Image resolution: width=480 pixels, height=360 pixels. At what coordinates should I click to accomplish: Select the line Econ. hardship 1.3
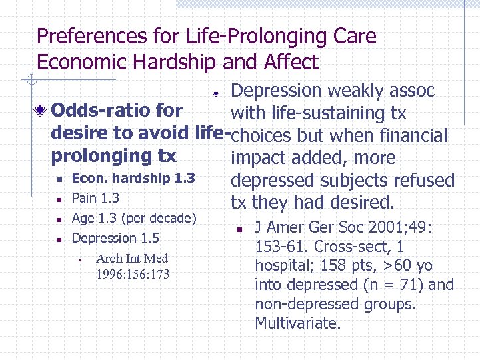(133, 178)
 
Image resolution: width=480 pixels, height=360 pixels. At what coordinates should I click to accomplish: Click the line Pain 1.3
(95, 198)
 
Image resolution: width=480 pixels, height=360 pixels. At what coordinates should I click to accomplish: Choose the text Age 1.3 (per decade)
(133, 218)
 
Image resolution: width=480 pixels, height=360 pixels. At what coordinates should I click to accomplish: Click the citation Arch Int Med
(132, 258)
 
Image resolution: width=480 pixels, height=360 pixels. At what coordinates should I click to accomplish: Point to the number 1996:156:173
(133, 274)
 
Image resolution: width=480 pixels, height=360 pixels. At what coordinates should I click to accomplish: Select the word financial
(413, 136)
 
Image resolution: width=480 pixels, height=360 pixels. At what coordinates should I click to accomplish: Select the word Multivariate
(297, 324)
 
